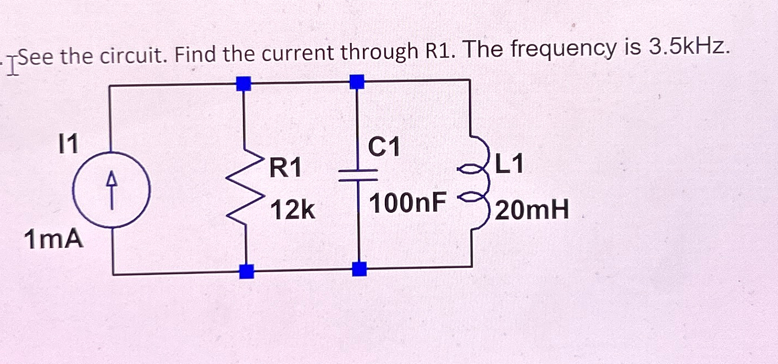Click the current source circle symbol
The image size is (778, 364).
click(112, 190)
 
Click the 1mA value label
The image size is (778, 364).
click(54, 240)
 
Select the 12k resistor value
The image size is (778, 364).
click(293, 209)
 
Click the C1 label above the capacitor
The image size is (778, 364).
click(385, 146)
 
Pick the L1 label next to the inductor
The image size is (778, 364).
click(510, 164)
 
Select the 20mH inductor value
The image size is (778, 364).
click(532, 210)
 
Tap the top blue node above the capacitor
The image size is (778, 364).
click(357, 82)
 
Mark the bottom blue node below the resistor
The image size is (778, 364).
click(247, 271)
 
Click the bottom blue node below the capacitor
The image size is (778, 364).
click(359, 269)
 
